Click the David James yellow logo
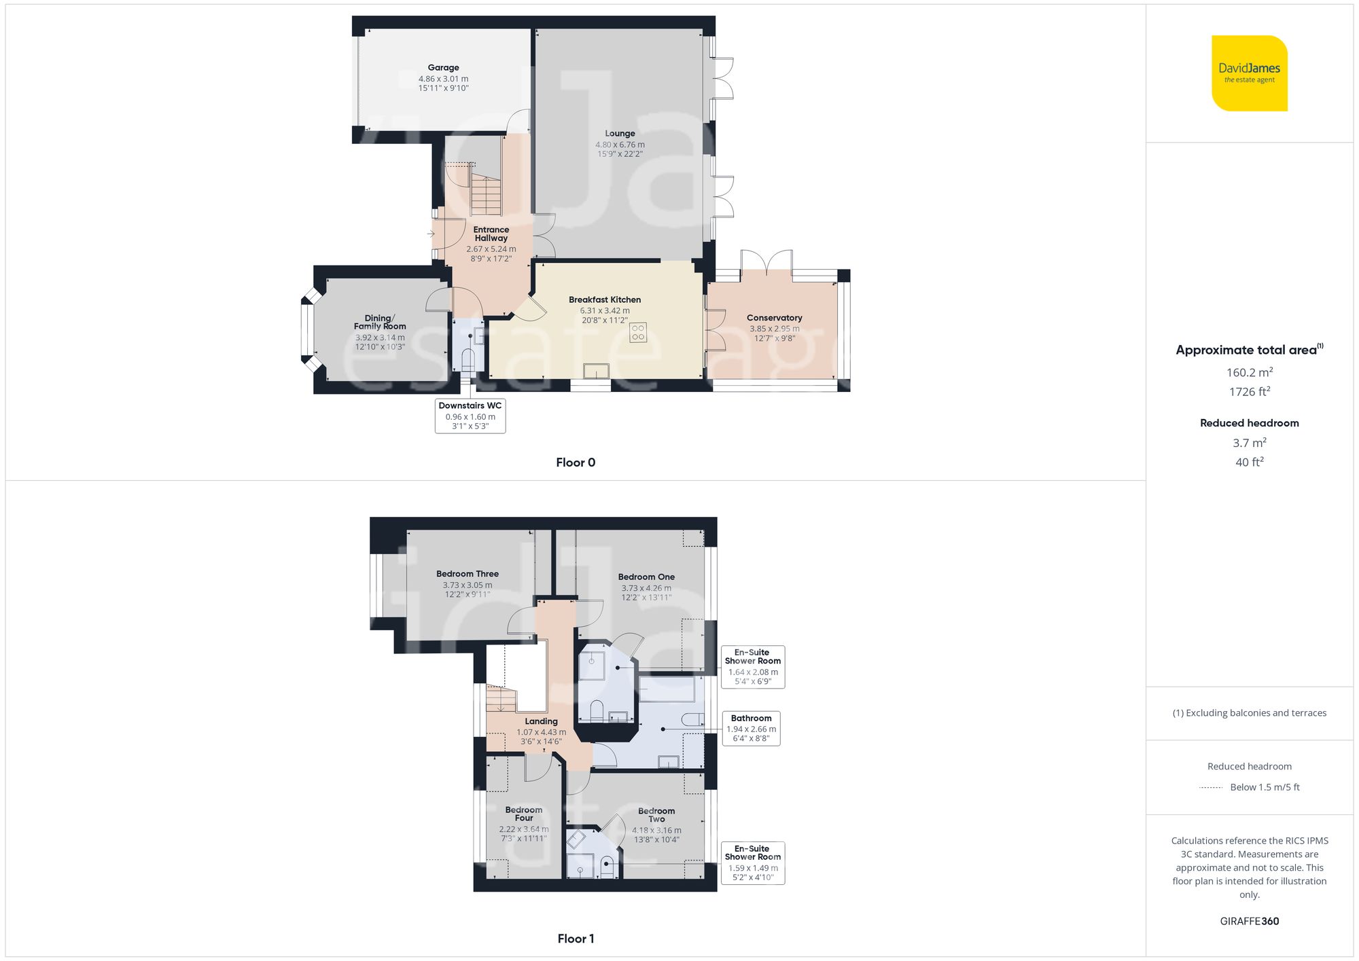click(1249, 73)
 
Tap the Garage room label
click(443, 67)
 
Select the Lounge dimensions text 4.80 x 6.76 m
click(620, 145)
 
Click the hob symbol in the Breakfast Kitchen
click(637, 332)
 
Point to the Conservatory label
click(774, 318)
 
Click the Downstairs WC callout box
click(470, 416)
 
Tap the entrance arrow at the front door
click(431, 234)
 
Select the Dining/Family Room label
click(379, 322)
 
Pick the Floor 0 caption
click(575, 463)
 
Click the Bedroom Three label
click(467, 574)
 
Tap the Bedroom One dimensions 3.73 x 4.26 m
click(646, 588)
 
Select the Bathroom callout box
click(751, 728)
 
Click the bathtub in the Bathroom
click(666, 689)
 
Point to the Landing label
click(541, 721)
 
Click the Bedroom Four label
click(523, 814)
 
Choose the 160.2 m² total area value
click(1249, 372)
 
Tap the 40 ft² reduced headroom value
click(1249, 462)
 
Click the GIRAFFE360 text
click(1249, 921)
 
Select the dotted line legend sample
click(1211, 788)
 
